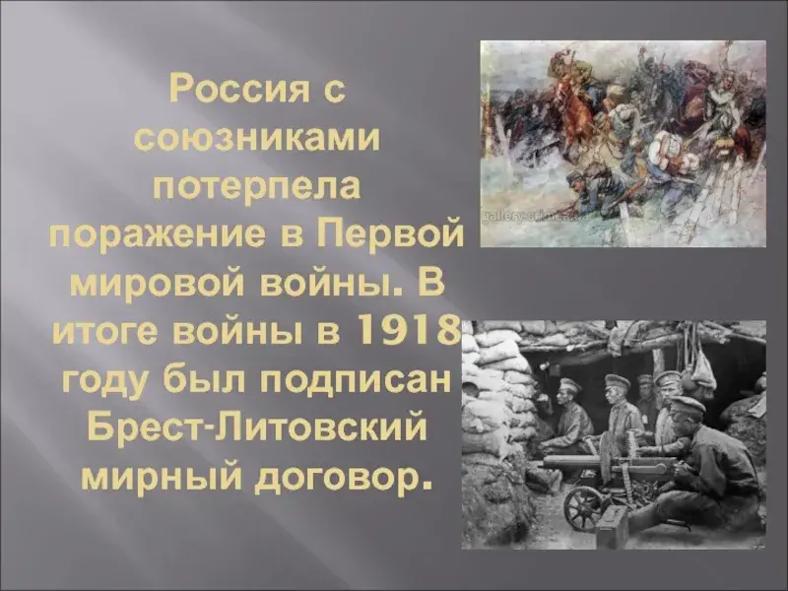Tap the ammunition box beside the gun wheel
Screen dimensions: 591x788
[613, 525]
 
